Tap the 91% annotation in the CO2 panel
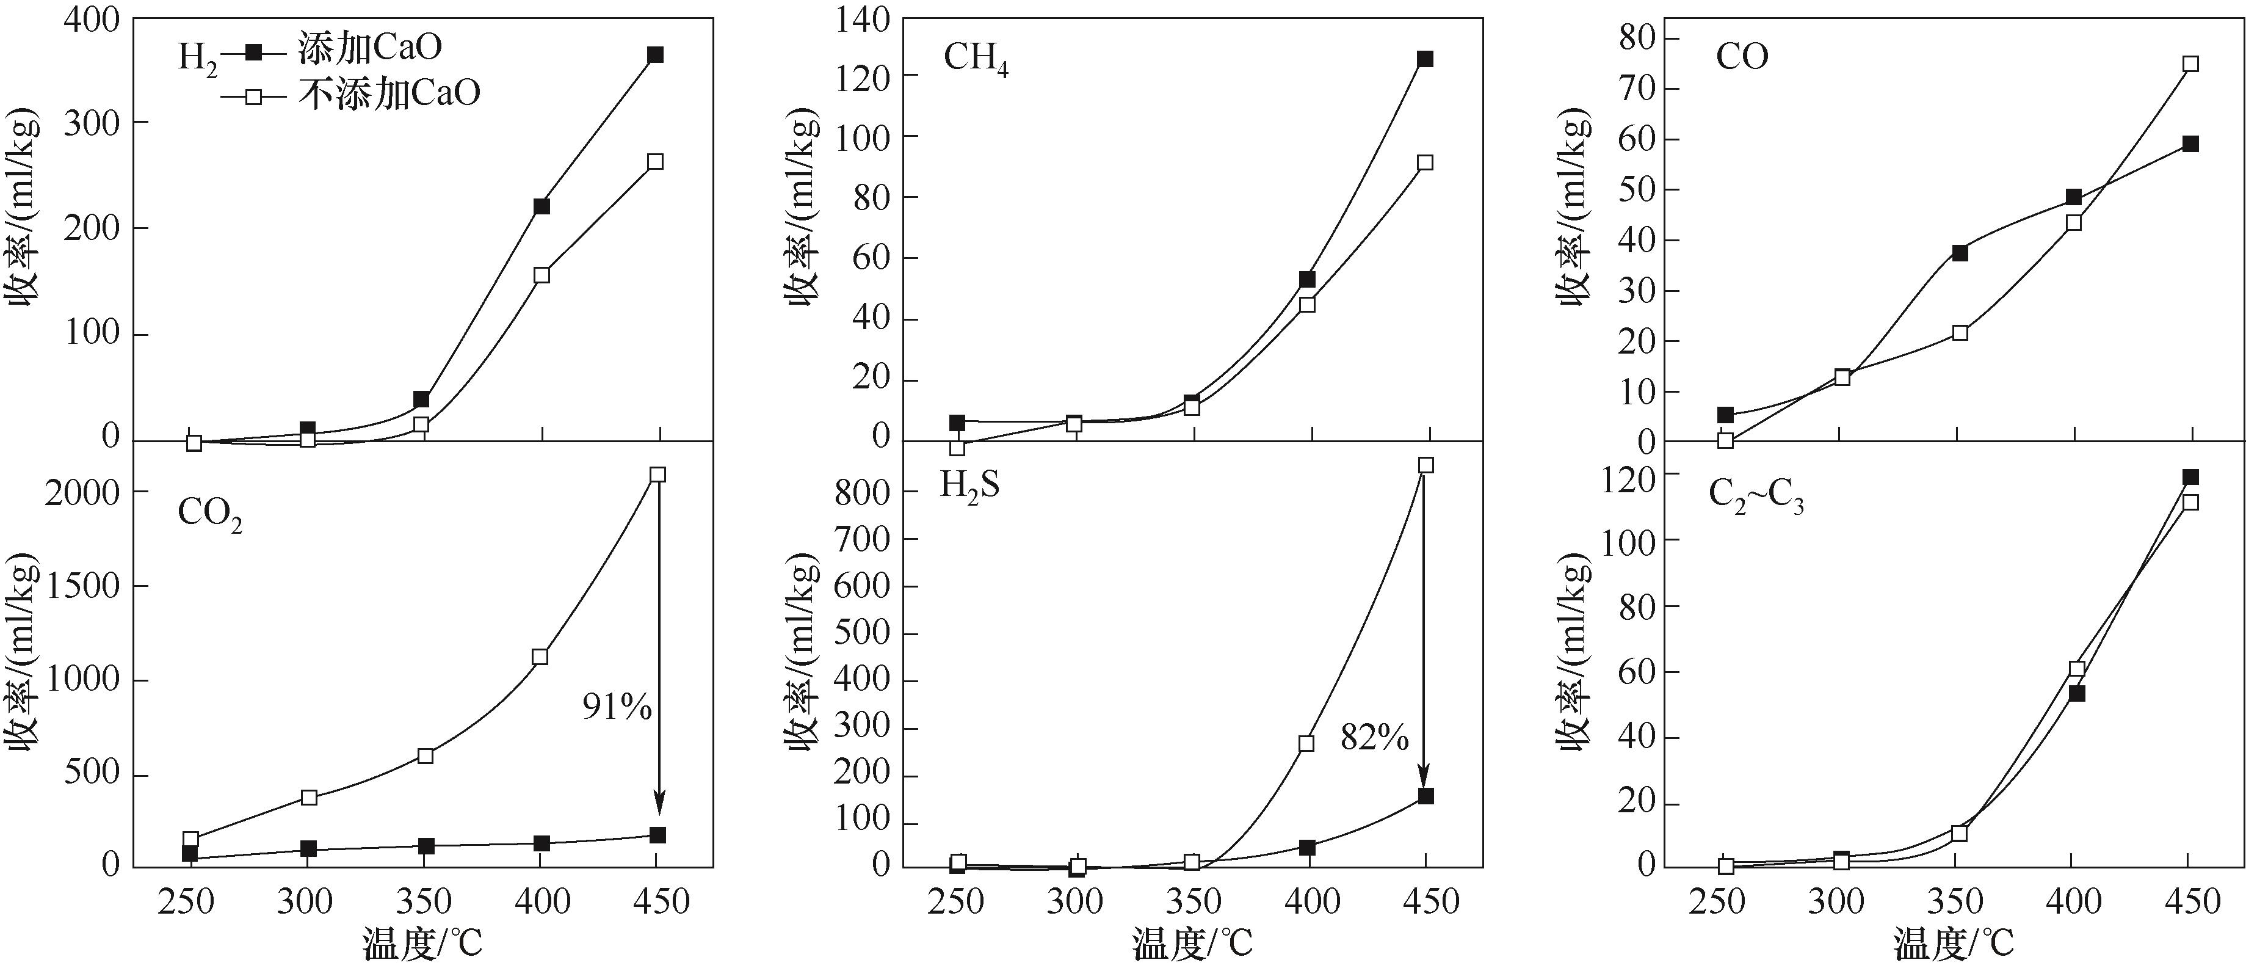point(617,707)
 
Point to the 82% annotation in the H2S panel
point(1375,738)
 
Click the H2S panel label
point(969,485)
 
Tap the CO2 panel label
point(209,514)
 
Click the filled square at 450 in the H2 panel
point(655,55)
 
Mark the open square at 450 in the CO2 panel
point(657,475)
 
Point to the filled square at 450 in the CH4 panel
point(1425,59)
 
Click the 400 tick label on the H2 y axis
point(91,19)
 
